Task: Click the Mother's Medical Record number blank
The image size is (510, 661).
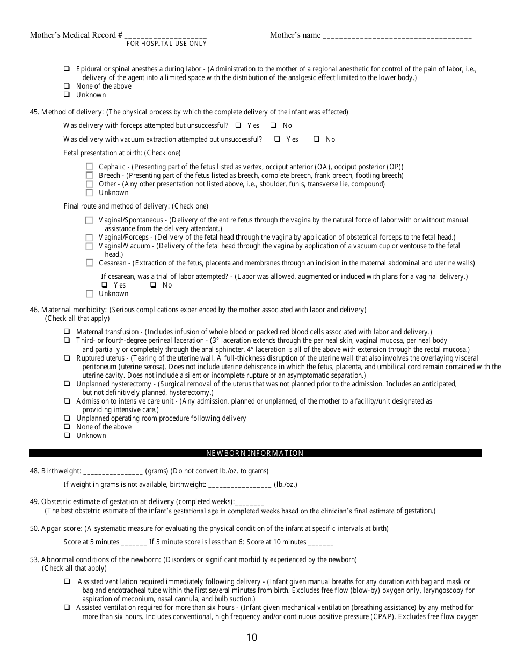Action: pyautogui.click(x=165, y=36)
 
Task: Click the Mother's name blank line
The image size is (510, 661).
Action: pyautogui.click(x=397, y=36)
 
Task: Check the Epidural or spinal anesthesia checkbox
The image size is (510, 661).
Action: pyautogui.click(x=67, y=69)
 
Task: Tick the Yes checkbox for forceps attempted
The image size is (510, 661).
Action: pyautogui.click(x=238, y=126)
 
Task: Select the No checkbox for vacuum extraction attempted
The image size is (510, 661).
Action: pyautogui.click(x=317, y=140)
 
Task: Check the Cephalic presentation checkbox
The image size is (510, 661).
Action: pyautogui.click(x=90, y=167)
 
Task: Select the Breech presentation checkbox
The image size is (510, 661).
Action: pyautogui.click(x=90, y=176)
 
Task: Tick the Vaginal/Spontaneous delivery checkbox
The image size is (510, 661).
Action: pyautogui.click(x=90, y=220)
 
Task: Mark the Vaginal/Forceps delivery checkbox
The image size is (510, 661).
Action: pyautogui.click(x=90, y=238)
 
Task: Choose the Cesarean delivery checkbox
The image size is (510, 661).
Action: pyautogui.click(x=90, y=263)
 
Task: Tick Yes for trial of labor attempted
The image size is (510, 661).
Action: pyautogui.click(x=105, y=285)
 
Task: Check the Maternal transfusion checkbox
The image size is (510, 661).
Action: pyautogui.click(x=67, y=332)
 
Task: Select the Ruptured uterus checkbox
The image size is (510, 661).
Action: pyautogui.click(x=67, y=358)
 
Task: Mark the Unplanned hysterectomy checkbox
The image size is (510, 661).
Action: pyautogui.click(x=67, y=384)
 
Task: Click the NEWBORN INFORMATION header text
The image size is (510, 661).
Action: pyautogui.click(x=255, y=453)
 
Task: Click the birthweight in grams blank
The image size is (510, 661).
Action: pyautogui.click(x=113, y=472)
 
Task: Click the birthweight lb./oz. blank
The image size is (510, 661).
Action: pyautogui.click(x=239, y=485)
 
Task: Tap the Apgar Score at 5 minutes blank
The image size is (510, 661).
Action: pyautogui.click(x=134, y=542)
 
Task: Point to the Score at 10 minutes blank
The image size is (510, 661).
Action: pyautogui.click(x=321, y=542)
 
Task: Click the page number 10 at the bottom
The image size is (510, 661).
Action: pyautogui.click(x=252, y=638)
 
